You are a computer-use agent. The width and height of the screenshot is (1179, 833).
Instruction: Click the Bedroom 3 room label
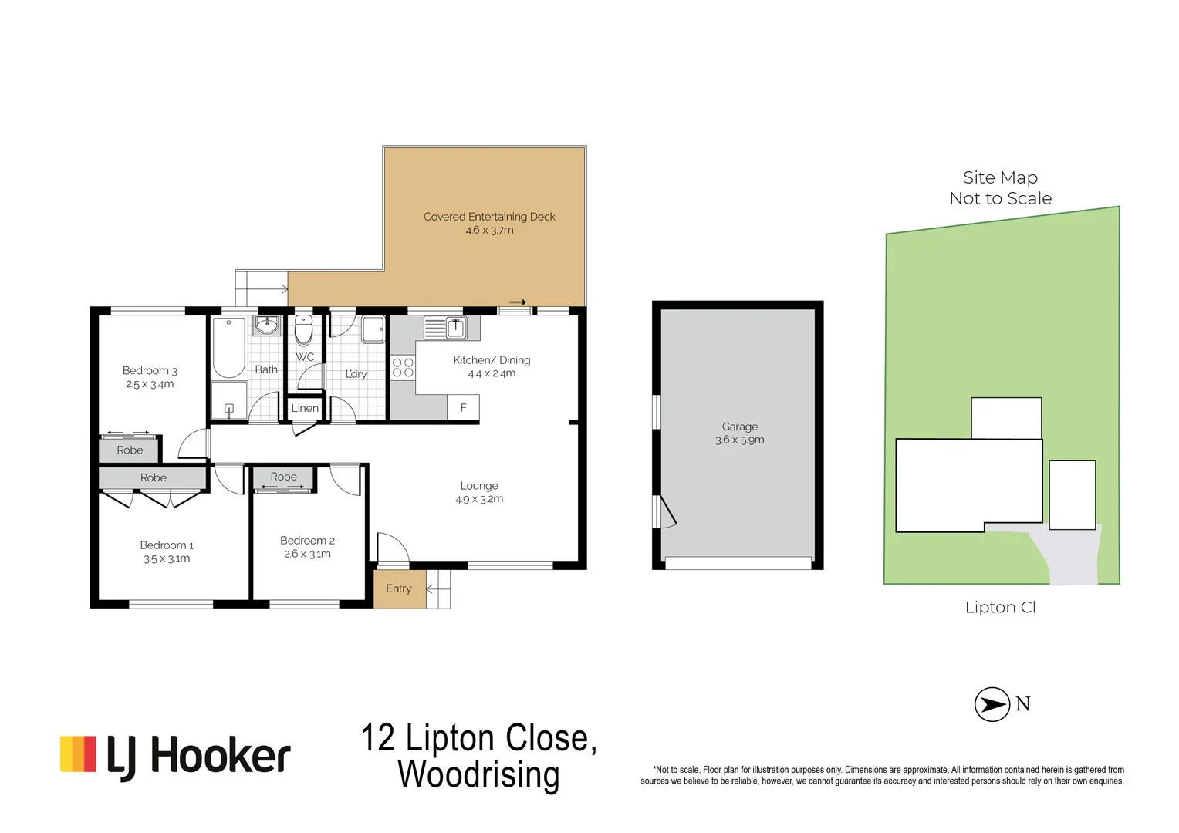tap(150, 371)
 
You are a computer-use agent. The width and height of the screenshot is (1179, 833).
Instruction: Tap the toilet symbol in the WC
tap(303, 332)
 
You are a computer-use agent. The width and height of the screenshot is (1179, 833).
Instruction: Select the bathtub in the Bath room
tap(228, 347)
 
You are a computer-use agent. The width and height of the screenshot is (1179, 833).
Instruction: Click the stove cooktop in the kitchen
tap(403, 367)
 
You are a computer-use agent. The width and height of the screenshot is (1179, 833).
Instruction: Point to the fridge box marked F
tap(463, 407)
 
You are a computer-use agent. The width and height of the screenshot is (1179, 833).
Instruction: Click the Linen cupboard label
tap(305, 408)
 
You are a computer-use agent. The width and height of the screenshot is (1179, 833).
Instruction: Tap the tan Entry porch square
tap(399, 588)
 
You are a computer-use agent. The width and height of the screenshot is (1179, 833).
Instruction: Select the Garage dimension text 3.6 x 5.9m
tap(739, 440)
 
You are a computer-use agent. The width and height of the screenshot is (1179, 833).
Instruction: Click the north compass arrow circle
tap(992, 704)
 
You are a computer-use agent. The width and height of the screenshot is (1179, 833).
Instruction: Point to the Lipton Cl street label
tap(1000, 608)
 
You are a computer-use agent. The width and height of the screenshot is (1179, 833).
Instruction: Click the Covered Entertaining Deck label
tap(489, 217)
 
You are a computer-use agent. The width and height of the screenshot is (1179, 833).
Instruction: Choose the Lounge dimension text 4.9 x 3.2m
tap(479, 499)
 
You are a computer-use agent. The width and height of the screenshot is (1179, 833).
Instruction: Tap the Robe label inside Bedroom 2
tap(283, 477)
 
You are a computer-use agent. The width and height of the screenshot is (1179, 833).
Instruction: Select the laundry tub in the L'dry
tap(373, 329)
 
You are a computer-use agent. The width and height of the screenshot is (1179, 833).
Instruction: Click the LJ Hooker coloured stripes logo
tap(78, 754)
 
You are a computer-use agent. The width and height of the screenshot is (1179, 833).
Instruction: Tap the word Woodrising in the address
tap(478, 774)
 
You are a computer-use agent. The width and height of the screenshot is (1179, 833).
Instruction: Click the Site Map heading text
tap(1000, 177)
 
